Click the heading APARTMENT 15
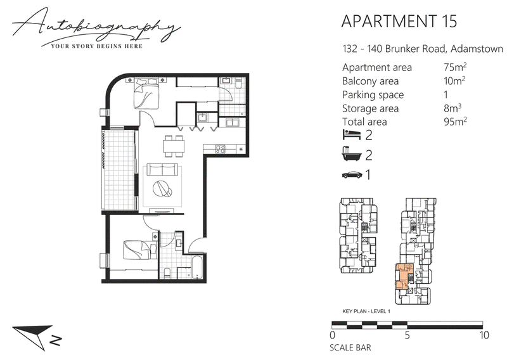(399, 22)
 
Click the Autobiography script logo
(96, 27)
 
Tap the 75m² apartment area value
(455, 67)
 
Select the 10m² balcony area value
(454, 80)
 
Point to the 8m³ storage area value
(452, 108)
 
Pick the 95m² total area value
(455, 121)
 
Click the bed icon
(352, 134)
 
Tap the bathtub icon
(351, 154)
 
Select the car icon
(352, 175)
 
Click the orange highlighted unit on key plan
(402, 276)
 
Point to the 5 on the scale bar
(407, 335)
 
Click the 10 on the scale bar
(484, 335)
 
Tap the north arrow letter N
(56, 340)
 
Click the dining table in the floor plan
(174, 146)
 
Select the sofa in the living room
(162, 170)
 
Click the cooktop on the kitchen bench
(221, 149)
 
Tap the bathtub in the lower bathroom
(197, 267)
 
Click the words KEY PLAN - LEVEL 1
(366, 311)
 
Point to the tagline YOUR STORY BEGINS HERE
(97, 46)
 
